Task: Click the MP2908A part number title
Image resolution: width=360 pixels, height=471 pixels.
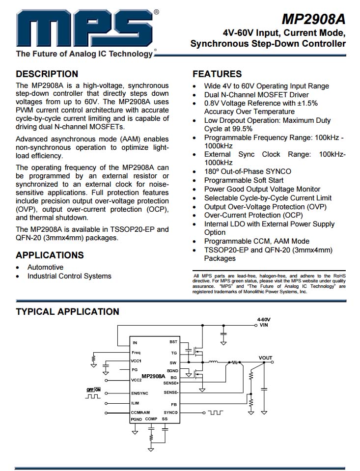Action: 313,19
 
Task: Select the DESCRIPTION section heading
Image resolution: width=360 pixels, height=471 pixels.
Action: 47,74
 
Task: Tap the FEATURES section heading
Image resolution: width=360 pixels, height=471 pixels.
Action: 217,74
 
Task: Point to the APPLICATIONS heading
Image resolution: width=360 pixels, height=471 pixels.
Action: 50,255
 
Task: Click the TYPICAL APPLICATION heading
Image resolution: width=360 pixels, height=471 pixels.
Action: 67,312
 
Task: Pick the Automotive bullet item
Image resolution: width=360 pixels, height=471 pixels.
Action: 45,267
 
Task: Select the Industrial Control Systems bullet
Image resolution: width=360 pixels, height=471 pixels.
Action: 69,276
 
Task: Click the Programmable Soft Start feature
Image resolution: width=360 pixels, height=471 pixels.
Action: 244,180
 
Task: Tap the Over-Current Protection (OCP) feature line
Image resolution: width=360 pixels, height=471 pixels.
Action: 253,215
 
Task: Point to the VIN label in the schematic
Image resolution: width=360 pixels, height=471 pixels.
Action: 264,325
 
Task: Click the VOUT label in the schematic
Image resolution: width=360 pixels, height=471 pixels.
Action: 266,358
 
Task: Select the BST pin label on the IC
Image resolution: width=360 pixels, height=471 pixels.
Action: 173,342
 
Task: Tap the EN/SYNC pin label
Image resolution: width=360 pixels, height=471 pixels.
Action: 140,393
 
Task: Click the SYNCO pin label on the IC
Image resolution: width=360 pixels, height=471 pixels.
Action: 170,412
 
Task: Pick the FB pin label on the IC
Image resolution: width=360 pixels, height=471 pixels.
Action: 173,404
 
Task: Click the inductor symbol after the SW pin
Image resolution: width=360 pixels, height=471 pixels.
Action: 213,362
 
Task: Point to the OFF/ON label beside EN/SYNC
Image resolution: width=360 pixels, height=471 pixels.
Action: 93,389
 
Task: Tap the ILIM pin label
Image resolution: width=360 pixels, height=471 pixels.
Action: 136,403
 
